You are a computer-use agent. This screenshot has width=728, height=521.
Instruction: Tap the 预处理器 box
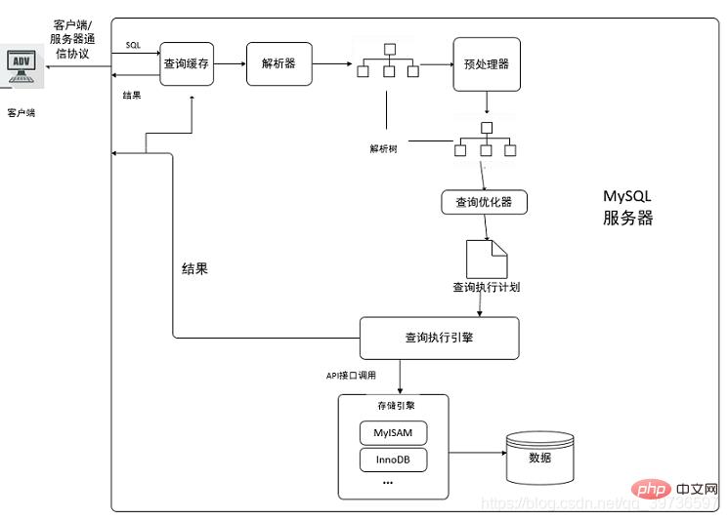[486, 64]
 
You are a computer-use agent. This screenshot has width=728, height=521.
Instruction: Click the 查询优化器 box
[484, 202]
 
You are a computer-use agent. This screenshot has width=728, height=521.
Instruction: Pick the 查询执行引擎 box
[439, 338]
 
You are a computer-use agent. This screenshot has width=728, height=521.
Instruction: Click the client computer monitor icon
[21, 64]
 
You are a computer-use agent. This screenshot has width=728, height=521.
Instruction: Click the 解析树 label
[383, 148]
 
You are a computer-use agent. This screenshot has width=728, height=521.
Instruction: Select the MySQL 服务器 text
[627, 207]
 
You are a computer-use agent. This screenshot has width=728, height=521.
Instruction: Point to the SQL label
[133, 46]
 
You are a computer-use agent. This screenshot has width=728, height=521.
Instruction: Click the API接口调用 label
[364, 375]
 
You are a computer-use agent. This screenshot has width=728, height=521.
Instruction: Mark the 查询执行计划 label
[486, 287]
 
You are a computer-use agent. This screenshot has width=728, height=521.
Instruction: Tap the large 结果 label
[194, 268]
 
